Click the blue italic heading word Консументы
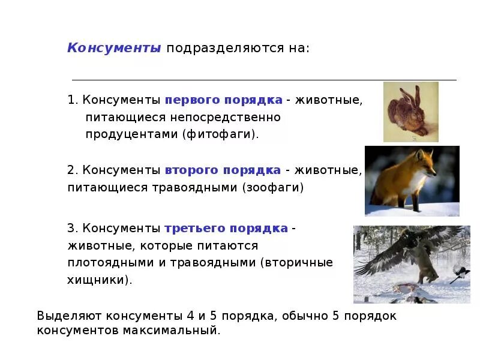(x=114, y=48)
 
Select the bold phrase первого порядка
(x=223, y=99)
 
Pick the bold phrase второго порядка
(x=223, y=170)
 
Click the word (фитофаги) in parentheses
(x=221, y=134)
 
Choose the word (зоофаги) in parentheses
(x=273, y=188)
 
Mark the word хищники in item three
(x=98, y=280)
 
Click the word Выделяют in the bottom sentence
(x=70, y=316)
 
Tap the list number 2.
(x=70, y=170)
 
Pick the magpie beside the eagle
(x=460, y=273)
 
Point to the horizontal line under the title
(x=264, y=80)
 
